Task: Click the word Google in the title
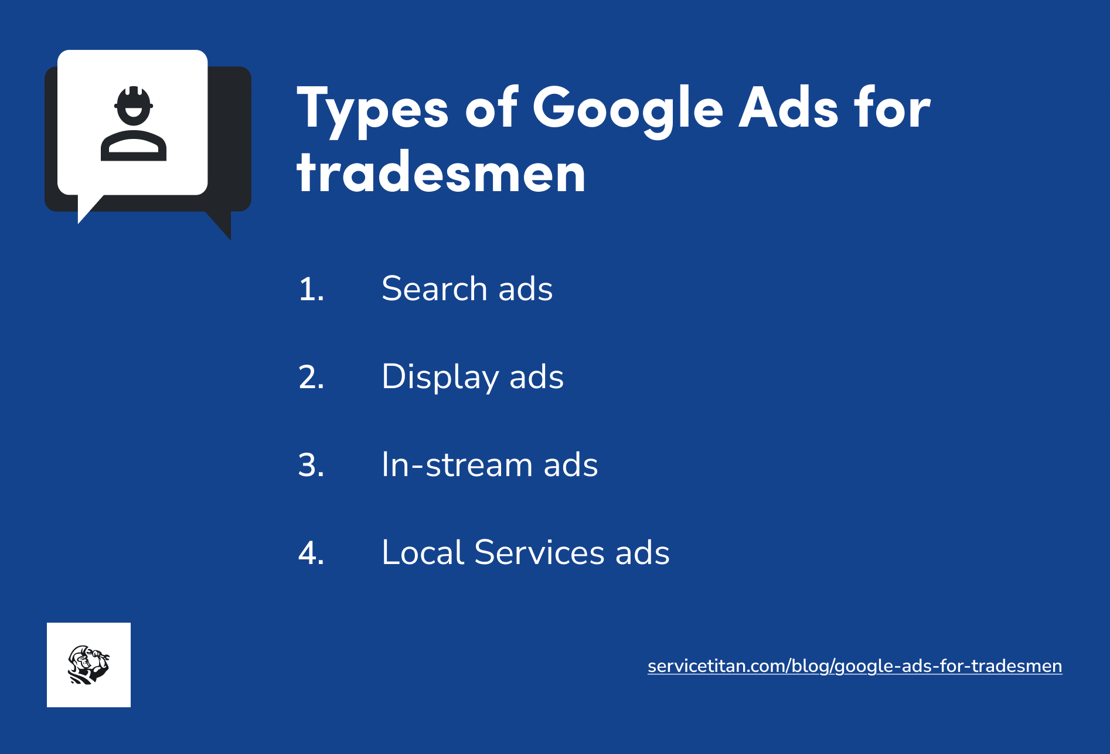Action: (x=628, y=108)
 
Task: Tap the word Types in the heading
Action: (x=373, y=108)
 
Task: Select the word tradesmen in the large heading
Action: (x=441, y=173)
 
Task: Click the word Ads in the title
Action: (x=788, y=108)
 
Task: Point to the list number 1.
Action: (x=311, y=289)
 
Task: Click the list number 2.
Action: (x=311, y=377)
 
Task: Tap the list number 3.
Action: (x=311, y=465)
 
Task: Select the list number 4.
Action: (x=311, y=553)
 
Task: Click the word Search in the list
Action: (x=434, y=288)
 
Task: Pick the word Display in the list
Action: (x=440, y=377)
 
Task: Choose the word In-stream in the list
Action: (x=456, y=465)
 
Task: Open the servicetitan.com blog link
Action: (x=854, y=666)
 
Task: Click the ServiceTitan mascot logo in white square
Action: (x=88, y=665)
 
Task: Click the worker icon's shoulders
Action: (x=134, y=147)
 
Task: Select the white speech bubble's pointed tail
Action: (x=87, y=210)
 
